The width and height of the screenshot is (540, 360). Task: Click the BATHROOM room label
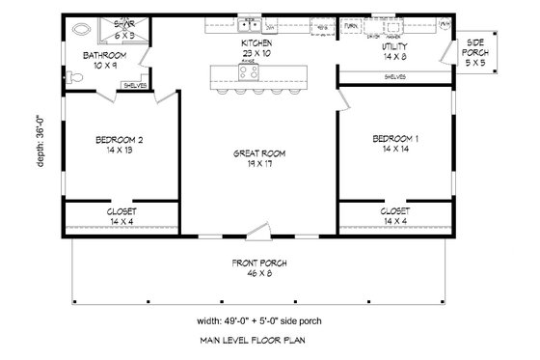coord(99,56)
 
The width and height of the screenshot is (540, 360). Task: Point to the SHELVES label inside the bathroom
coord(135,85)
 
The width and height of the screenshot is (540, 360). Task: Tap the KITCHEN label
coord(256,43)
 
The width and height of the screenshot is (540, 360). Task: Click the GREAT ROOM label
coord(256,153)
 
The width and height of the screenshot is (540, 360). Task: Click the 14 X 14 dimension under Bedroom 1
coord(395,151)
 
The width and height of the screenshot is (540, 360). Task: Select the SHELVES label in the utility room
coord(394,75)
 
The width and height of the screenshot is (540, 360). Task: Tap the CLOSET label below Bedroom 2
coord(121,210)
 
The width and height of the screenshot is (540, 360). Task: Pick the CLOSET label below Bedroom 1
coord(395,210)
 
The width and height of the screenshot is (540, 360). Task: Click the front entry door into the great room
coord(257,231)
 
